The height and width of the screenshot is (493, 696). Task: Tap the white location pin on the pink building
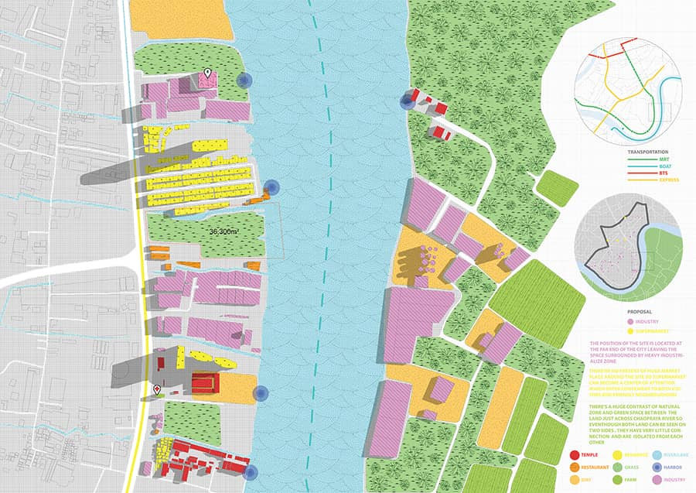[207, 74]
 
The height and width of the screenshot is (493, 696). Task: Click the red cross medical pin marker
[157, 389]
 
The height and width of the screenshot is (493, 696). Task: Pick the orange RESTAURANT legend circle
[574, 468]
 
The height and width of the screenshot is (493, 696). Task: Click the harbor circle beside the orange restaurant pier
[271, 187]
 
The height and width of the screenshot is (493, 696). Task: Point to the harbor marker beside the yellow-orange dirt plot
[261, 393]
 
